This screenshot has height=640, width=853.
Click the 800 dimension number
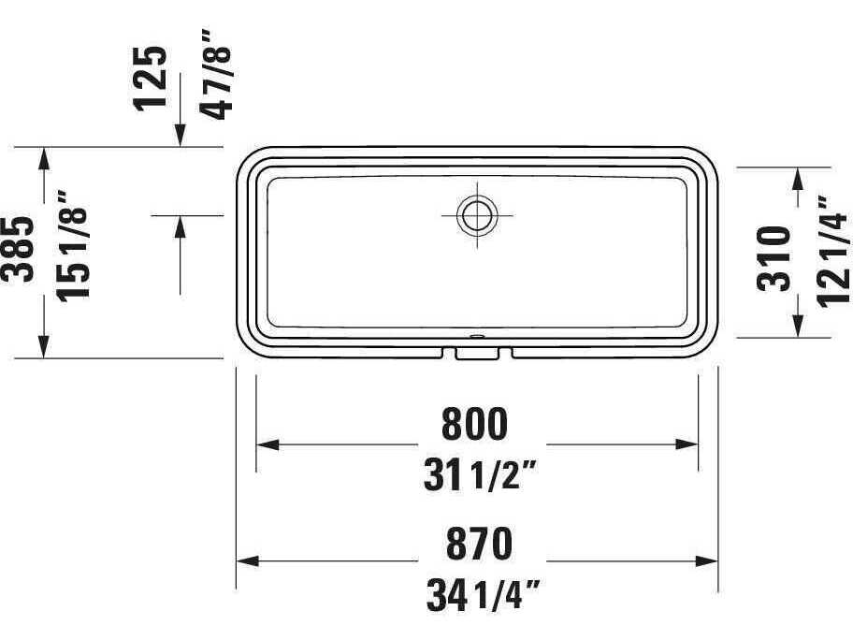tap(475, 424)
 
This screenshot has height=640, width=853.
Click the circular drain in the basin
tap(475, 214)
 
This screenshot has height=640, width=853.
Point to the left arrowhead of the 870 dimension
tap(244, 561)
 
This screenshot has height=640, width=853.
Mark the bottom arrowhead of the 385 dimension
tap(43, 348)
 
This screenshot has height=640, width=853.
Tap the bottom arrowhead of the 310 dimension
tap(798, 327)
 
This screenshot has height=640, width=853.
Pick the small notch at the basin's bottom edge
tap(476, 353)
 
